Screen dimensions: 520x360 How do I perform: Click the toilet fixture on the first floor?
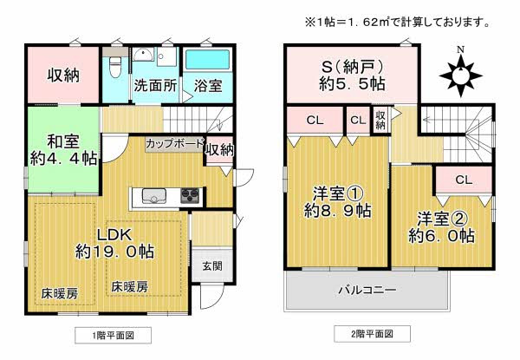(x=115, y=66)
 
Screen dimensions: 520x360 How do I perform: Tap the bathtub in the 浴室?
(x=208, y=59)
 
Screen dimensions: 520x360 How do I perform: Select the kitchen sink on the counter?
(x=154, y=196)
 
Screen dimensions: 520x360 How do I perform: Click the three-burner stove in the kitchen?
(x=190, y=195)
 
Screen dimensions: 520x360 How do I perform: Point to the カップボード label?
(x=174, y=144)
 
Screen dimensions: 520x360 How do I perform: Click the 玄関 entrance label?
(x=212, y=265)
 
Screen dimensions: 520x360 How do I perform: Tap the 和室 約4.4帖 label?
(x=63, y=150)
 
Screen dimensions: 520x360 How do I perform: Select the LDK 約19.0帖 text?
(x=114, y=243)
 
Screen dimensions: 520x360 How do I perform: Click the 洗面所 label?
(x=155, y=86)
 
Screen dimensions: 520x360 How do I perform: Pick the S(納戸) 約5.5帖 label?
(x=352, y=75)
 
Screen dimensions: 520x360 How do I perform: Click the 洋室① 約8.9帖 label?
(x=338, y=202)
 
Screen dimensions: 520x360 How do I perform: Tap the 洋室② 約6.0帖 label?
(x=442, y=227)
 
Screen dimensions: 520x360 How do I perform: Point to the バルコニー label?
(x=367, y=291)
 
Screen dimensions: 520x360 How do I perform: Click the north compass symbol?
(x=460, y=73)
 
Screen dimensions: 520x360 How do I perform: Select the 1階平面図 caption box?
(x=113, y=335)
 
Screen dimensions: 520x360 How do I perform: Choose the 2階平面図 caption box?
(x=372, y=334)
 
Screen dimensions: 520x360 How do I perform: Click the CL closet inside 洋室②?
(x=464, y=180)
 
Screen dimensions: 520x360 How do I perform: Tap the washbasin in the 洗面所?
(x=143, y=55)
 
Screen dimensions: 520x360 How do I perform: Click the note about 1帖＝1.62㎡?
(x=397, y=23)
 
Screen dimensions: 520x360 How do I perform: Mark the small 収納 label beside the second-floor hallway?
(x=380, y=120)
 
